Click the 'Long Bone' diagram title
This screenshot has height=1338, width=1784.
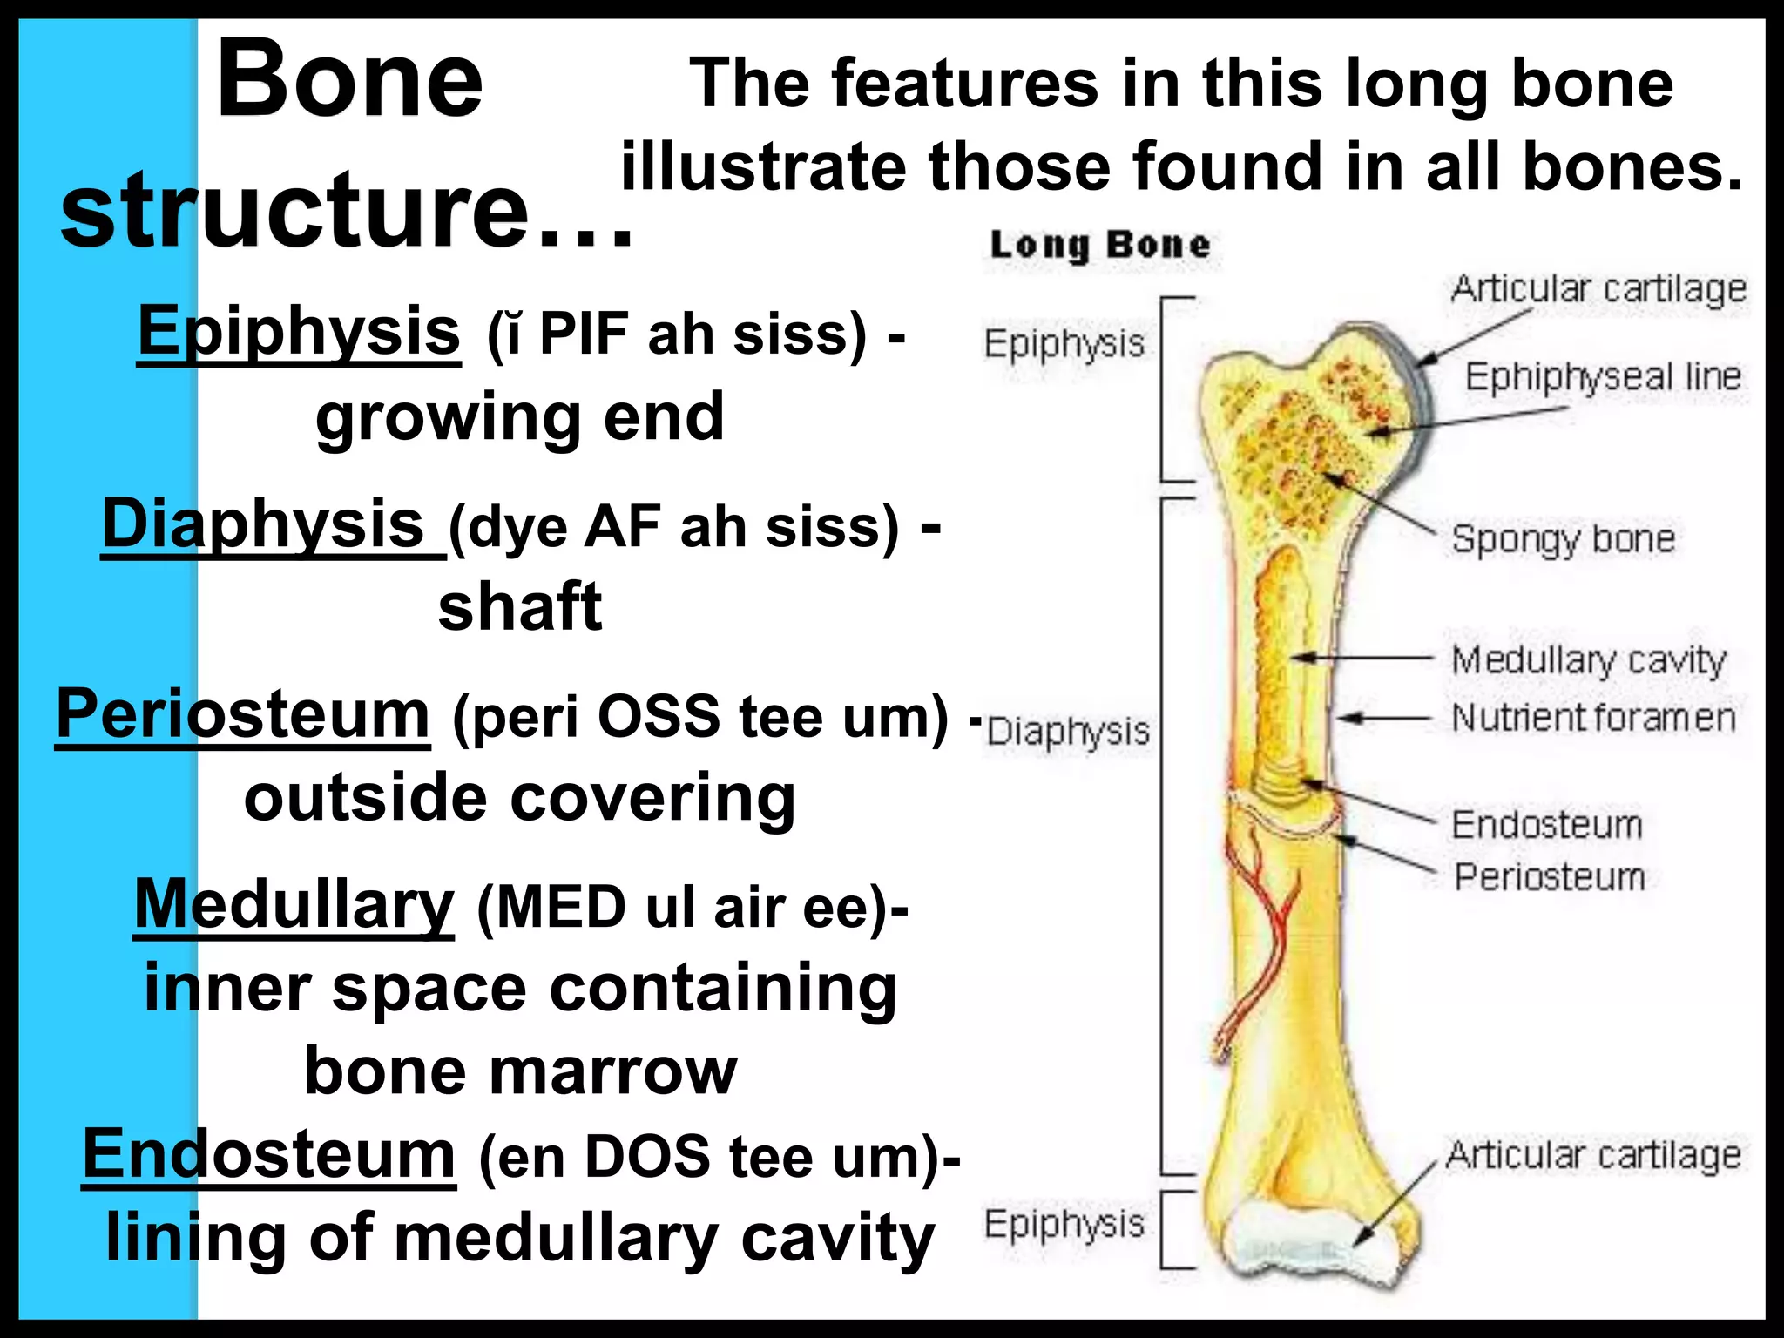1100,245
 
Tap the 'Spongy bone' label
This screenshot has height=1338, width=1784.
1563,539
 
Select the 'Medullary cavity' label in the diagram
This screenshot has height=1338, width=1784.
1588,660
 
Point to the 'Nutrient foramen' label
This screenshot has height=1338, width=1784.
1593,718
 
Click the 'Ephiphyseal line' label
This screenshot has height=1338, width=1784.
1603,377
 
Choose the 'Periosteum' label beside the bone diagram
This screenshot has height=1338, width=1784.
1550,876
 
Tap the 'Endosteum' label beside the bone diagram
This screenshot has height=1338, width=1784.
1546,824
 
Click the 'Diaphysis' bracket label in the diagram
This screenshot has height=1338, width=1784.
1068,732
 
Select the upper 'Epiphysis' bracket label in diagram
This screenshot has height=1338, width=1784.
1064,344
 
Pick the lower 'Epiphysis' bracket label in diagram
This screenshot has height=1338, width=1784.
1064,1224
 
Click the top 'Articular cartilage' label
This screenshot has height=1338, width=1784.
1598,289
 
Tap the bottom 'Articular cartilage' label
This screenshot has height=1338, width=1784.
1593,1156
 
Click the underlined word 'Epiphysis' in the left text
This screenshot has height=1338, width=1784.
299,332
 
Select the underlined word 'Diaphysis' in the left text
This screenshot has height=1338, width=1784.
263,524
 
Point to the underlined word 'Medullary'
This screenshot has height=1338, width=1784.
294,905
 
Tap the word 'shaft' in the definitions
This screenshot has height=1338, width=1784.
520,607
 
